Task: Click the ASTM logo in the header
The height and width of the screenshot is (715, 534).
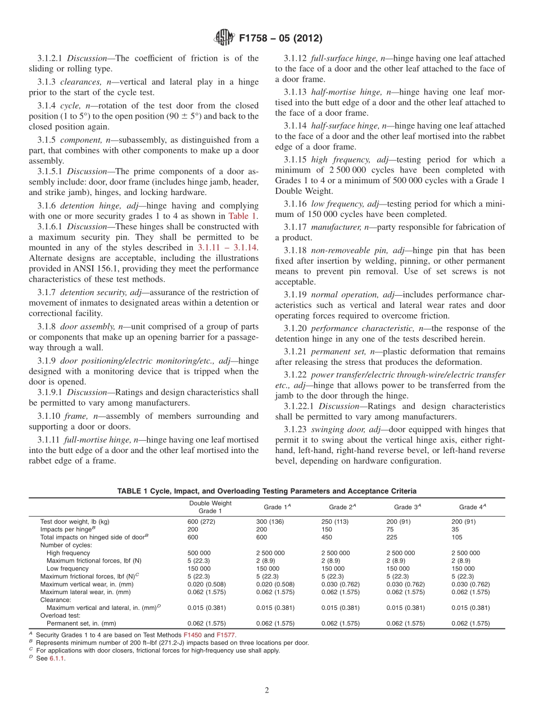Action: [223, 38]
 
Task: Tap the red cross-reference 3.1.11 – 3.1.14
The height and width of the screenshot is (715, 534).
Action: [223, 247]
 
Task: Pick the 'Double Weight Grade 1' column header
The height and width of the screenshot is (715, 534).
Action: [210, 507]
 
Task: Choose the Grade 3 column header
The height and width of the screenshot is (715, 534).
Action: [407, 507]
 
